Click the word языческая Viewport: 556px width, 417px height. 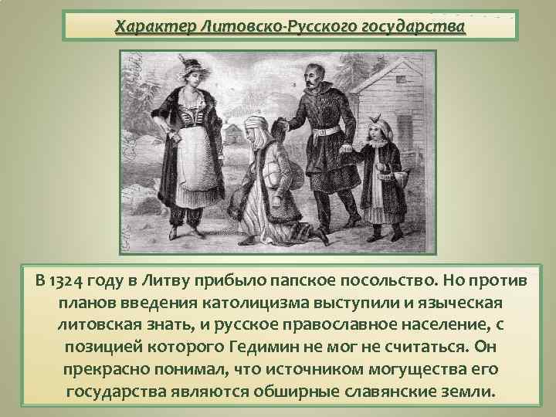(x=447, y=301)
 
